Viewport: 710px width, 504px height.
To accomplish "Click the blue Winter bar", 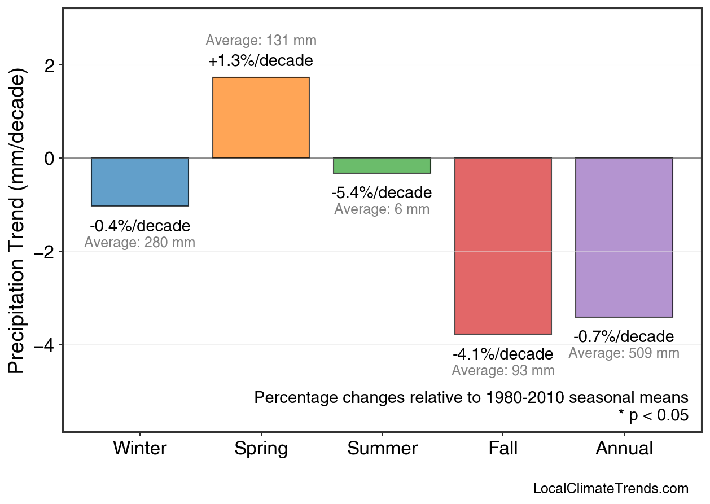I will tap(140, 182).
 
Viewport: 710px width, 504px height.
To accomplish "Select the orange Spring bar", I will tap(261, 117).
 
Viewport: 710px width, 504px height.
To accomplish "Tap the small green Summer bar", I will tap(382, 165).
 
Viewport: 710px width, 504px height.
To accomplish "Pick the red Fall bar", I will tap(503, 246).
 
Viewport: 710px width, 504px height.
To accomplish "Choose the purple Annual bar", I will tap(624, 237).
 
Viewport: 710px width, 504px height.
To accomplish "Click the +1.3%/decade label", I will tap(261, 60).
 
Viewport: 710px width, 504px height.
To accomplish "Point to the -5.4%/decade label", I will tap(382, 193).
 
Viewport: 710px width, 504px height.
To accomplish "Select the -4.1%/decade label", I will tap(503, 354).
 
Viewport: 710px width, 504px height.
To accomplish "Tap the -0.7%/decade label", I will tap(624, 337).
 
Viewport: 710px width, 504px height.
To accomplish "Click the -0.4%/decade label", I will tap(140, 226).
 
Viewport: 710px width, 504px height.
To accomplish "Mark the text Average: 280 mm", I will tap(140, 243).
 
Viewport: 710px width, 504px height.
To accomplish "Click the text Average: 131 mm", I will tap(261, 41).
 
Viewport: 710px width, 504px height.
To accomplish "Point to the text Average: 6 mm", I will tap(382, 209).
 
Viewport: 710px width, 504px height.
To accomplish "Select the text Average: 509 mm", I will tap(624, 353).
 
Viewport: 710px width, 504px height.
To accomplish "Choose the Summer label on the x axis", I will tap(382, 449).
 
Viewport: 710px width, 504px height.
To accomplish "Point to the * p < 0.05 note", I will tap(653, 415).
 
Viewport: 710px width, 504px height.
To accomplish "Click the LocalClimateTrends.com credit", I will tap(611, 488).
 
